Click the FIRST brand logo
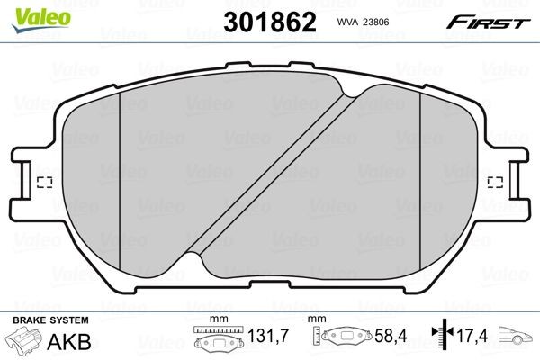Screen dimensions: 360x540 point(493,22)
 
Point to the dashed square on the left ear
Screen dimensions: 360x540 point(41,184)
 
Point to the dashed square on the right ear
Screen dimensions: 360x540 point(494,184)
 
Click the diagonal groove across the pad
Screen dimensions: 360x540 point(270,176)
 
